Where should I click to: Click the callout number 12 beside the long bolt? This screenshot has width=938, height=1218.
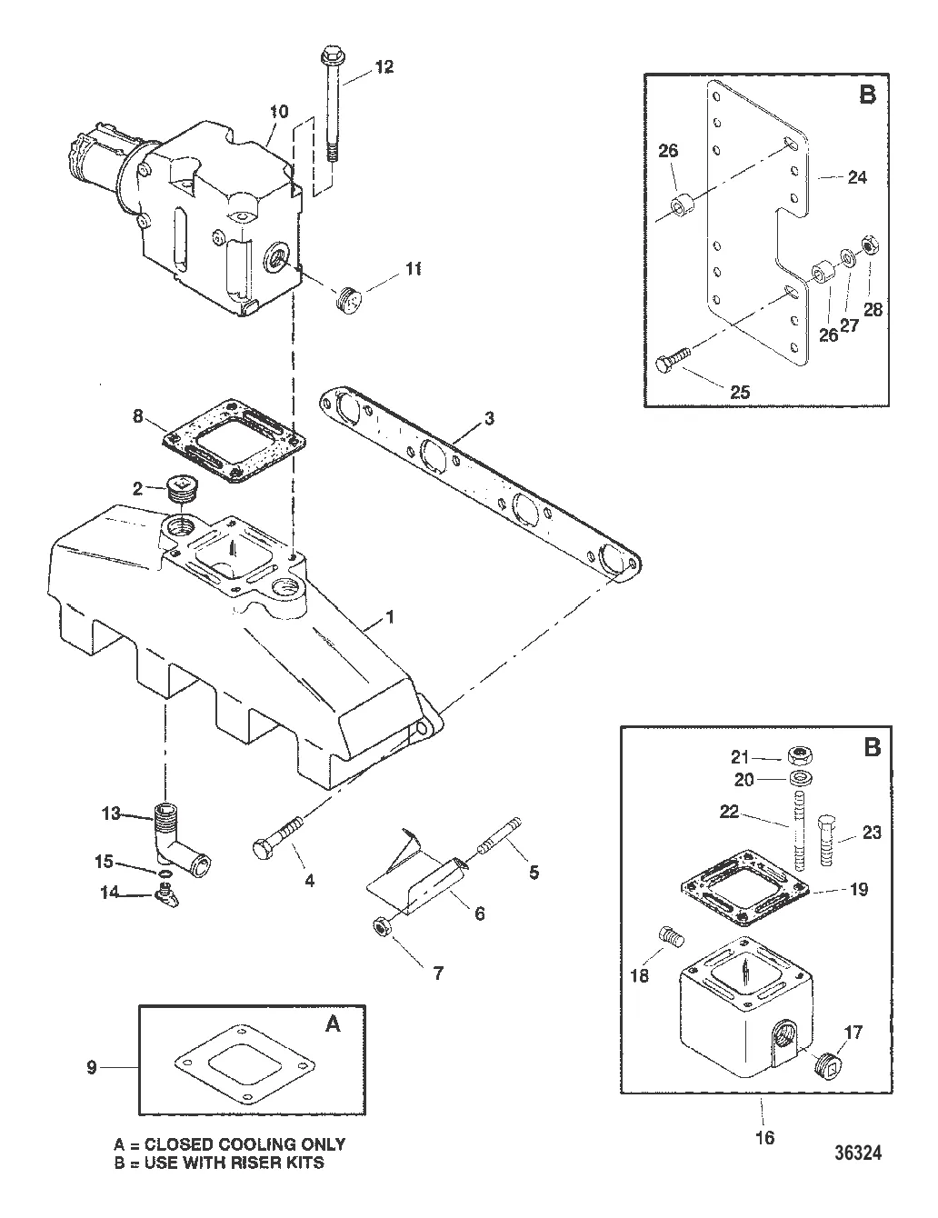click(x=384, y=67)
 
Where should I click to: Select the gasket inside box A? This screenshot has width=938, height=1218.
click(x=250, y=1063)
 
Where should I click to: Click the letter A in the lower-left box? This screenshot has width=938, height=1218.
click(x=334, y=1023)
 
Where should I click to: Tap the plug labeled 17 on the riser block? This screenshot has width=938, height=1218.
click(x=824, y=1061)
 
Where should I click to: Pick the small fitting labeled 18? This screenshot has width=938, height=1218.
click(x=669, y=933)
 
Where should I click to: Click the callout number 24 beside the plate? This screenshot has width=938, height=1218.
click(x=856, y=177)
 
